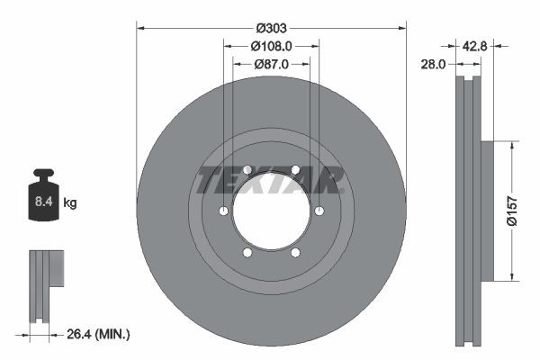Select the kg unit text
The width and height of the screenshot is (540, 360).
tap(70, 203)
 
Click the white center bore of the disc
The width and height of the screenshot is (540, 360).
tap(271, 211)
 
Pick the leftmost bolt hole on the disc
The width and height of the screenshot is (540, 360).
tap(222, 211)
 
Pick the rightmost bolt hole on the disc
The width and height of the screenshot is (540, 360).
tap(319, 211)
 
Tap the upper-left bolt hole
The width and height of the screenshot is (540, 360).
tap(247, 169)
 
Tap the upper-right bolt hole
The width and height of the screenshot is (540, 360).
tap(295, 169)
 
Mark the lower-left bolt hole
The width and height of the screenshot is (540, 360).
tap(247, 253)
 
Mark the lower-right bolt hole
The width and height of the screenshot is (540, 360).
tap(295, 253)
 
